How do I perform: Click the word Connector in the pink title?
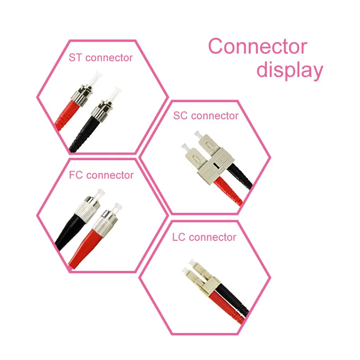tap(257, 47)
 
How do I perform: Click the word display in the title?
tap(290, 71)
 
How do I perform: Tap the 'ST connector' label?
tap(101, 58)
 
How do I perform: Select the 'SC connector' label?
tap(206, 116)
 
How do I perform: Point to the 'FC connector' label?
tap(101, 175)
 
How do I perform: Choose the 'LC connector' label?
tap(204, 237)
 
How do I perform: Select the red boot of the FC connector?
tap(85, 245)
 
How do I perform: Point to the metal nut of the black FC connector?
tap(87, 211)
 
